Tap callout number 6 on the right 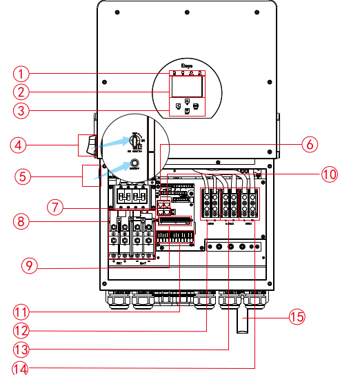(x=310, y=144)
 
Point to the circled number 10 (x=330, y=174)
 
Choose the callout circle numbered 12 (x=24, y=330)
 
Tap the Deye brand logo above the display (x=186, y=67)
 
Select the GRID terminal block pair (x=248, y=202)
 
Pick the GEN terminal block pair (x=210, y=202)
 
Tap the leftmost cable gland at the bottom (x=118, y=302)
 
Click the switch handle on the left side (x=88, y=145)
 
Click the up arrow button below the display (x=187, y=101)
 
